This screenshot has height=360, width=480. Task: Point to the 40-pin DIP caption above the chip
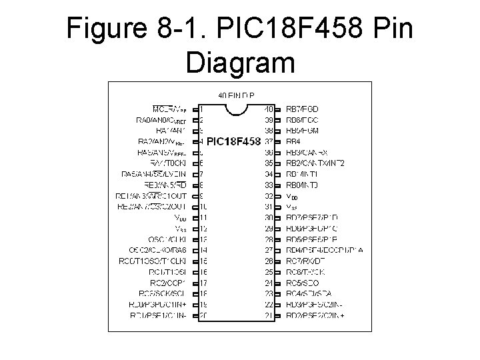click(x=236, y=95)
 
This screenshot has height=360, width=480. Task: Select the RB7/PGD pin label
click(x=303, y=109)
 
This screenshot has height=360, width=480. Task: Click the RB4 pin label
click(x=293, y=141)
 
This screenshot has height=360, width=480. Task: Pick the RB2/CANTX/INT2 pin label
click(x=315, y=163)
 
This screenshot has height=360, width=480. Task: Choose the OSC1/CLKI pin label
click(x=167, y=239)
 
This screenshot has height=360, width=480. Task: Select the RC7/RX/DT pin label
click(x=307, y=260)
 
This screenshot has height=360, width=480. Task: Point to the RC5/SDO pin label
click(x=303, y=282)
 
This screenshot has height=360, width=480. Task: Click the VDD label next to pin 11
click(x=181, y=217)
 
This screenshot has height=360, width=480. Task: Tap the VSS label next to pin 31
click(x=292, y=206)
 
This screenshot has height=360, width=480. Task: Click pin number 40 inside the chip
click(x=268, y=109)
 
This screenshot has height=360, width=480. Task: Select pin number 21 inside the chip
click(x=268, y=315)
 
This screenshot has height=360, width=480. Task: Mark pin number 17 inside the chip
click(x=203, y=282)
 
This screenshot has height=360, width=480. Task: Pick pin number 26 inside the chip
click(x=268, y=260)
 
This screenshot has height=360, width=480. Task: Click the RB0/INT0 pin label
click(x=302, y=185)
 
